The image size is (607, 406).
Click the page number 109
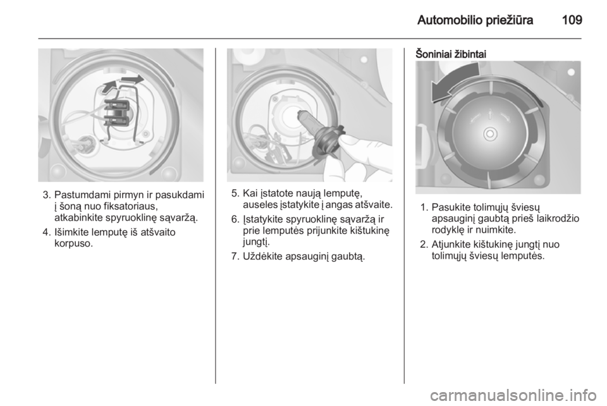pos(572,20)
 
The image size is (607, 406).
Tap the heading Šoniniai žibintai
pos(451,54)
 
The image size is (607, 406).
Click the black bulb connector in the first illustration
pos(117,113)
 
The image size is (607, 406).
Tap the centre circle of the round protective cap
pos(489,134)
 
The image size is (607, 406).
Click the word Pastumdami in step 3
pos(82,194)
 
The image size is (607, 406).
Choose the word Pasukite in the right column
pos(451,207)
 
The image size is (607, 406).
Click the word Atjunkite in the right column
pos(451,244)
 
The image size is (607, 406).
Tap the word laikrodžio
pos(558,219)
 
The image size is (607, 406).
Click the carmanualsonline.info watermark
pos(512,395)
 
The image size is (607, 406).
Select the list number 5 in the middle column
pos(235,193)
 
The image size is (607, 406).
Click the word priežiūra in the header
pos(510,20)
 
